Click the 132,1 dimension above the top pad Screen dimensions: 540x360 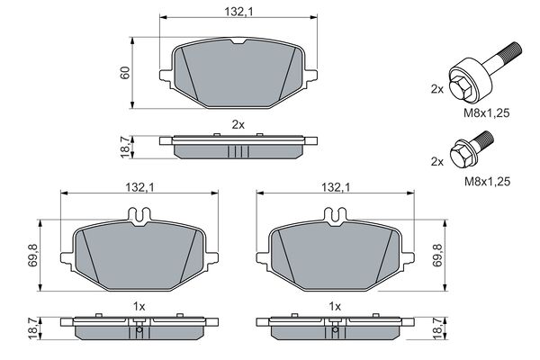point(238,12)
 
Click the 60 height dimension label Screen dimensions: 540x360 point(125,72)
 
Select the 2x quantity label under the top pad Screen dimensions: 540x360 point(238,124)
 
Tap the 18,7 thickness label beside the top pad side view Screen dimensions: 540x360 point(125,147)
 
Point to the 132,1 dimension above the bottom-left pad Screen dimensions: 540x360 point(139,187)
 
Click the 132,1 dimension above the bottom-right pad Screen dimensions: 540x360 point(336,187)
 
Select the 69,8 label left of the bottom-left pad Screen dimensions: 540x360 point(33,256)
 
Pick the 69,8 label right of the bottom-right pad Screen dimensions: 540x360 point(437,256)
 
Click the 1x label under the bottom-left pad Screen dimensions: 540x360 point(139,306)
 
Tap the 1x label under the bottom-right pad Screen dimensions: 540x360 point(335,306)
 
